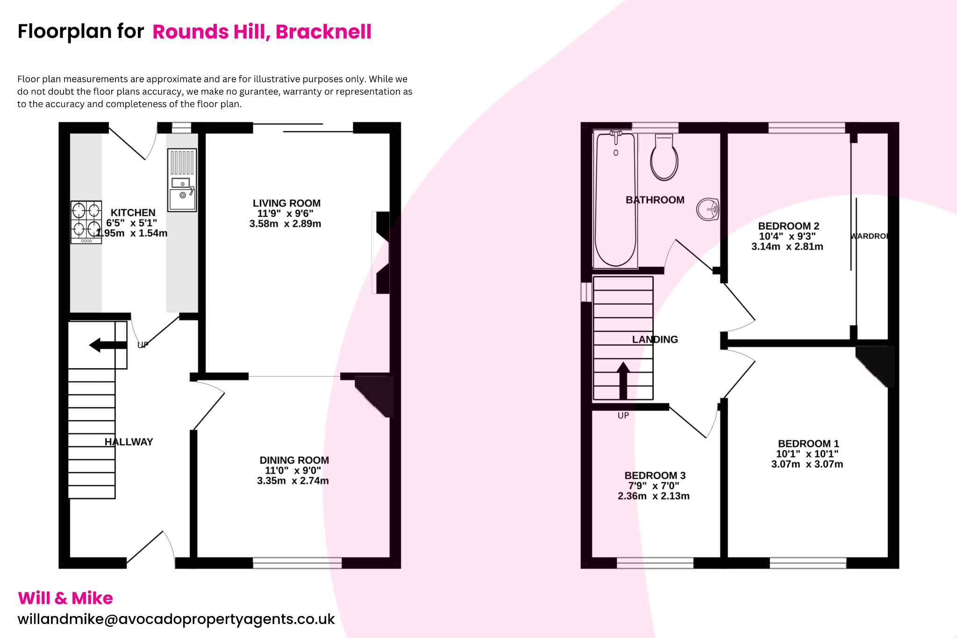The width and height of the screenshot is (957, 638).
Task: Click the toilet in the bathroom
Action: pyautogui.click(x=664, y=158)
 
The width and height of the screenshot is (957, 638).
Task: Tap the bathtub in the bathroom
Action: pyautogui.click(x=615, y=200)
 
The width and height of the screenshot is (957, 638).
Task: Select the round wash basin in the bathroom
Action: pyautogui.click(x=707, y=209)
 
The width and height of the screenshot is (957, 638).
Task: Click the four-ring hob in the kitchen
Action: pyautogui.click(x=86, y=222)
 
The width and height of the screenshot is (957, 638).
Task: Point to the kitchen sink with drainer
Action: pyautogui.click(x=182, y=180)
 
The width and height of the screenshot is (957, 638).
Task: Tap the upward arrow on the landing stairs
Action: pyautogui.click(x=623, y=380)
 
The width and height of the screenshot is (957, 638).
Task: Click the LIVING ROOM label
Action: pyautogui.click(x=286, y=203)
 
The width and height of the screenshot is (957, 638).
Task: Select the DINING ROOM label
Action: pyautogui.click(x=294, y=460)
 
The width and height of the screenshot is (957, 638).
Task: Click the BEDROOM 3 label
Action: pyautogui.click(x=655, y=475)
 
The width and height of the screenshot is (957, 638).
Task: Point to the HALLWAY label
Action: pyautogui.click(x=129, y=442)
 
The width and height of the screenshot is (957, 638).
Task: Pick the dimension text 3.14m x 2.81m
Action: pyautogui.click(x=787, y=246)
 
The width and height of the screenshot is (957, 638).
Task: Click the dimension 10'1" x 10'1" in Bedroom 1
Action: pyautogui.click(x=807, y=454)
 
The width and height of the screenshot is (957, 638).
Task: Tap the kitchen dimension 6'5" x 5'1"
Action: pyautogui.click(x=131, y=223)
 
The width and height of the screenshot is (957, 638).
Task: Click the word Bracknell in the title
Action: pyautogui.click(x=323, y=32)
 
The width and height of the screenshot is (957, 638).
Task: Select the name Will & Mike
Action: pyautogui.click(x=65, y=598)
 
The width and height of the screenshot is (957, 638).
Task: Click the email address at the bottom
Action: pyautogui.click(x=176, y=619)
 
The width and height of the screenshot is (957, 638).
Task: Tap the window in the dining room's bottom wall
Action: pyautogui.click(x=297, y=563)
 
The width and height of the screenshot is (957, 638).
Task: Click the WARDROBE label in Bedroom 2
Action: pyautogui.click(x=869, y=236)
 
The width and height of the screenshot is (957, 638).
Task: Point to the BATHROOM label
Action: pyautogui.click(x=655, y=200)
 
